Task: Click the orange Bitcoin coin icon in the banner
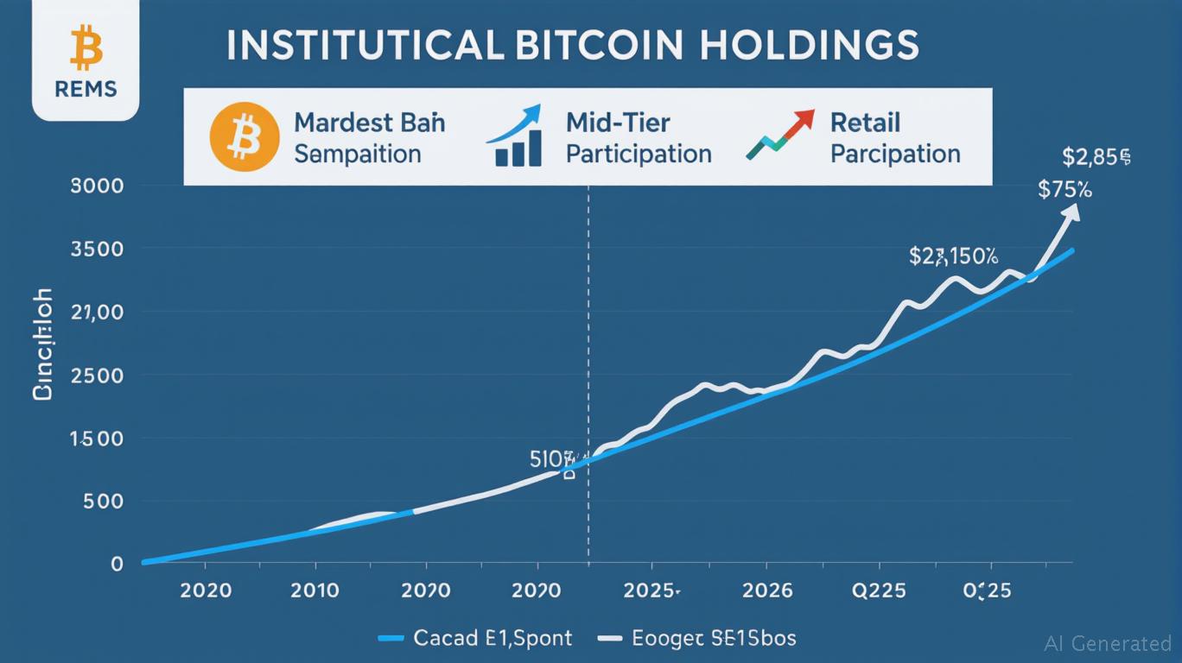(244, 137)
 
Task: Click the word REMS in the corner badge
(85, 90)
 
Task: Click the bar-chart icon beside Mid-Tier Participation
(516, 138)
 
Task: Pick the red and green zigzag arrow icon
(780, 136)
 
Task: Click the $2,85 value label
(1096, 156)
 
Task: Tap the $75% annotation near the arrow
(1064, 190)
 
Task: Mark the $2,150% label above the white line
(953, 256)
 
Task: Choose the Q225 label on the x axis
(880, 590)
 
